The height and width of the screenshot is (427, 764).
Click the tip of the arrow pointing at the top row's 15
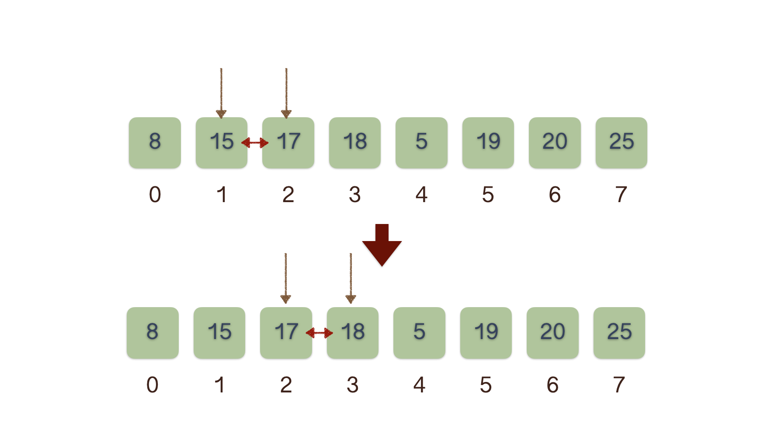pyautogui.click(x=221, y=119)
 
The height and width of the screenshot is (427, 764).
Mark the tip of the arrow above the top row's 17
pyautogui.click(x=286, y=119)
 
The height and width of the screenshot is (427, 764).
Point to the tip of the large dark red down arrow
pyautogui.click(x=382, y=266)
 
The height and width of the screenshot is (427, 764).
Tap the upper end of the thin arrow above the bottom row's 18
pyautogui.click(x=351, y=253)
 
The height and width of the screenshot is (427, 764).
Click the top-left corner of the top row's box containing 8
pyautogui.click(x=129, y=118)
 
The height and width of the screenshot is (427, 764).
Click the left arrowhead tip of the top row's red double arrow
pyautogui.click(x=241, y=142)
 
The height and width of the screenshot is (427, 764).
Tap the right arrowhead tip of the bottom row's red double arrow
pyautogui.click(x=333, y=333)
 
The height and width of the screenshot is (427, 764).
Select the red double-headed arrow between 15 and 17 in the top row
pyautogui.click(x=255, y=143)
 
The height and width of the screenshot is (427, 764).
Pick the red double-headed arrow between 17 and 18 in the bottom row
pyautogui.click(x=319, y=333)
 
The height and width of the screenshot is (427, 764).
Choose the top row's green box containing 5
pyautogui.click(x=421, y=143)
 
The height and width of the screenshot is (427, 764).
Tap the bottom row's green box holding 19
pyautogui.click(x=486, y=333)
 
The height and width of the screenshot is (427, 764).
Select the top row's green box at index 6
pyautogui.click(x=555, y=143)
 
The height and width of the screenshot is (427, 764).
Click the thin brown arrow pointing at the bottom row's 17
pyautogui.click(x=285, y=278)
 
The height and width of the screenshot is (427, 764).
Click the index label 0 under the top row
pyautogui.click(x=155, y=195)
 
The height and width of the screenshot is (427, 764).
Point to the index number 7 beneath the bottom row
pyautogui.click(x=619, y=385)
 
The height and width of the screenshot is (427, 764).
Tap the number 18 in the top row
pyautogui.click(x=355, y=141)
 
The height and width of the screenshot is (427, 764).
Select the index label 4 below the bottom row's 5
pyautogui.click(x=420, y=385)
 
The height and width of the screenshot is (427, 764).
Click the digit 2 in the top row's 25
pyautogui.click(x=615, y=141)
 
